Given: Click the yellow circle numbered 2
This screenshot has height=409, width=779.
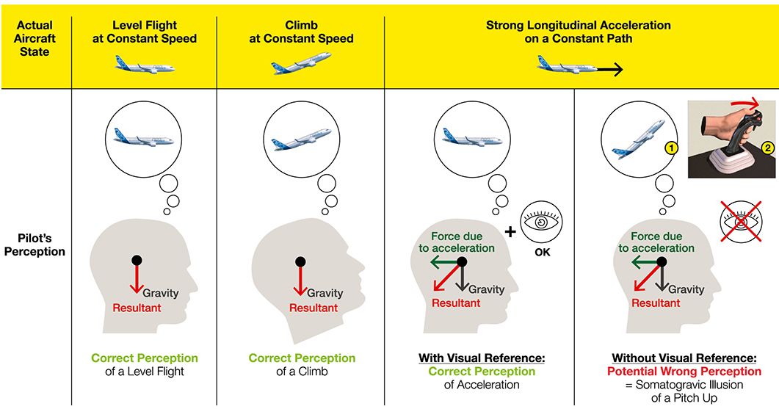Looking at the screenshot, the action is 768,148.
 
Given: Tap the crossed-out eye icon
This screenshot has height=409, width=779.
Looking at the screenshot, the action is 741,221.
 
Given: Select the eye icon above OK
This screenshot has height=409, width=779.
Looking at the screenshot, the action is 541,221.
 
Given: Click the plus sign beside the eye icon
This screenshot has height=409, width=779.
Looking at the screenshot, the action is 510,231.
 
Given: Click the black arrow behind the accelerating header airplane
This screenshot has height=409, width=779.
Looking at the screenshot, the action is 609,70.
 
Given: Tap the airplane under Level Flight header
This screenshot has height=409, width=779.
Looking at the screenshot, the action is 145,65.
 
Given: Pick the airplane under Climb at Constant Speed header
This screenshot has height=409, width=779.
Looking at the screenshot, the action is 301,63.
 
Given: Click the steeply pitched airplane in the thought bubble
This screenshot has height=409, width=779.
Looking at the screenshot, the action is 639,140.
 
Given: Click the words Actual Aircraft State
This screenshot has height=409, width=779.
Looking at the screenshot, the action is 35,38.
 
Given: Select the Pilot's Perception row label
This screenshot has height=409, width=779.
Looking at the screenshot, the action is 35,245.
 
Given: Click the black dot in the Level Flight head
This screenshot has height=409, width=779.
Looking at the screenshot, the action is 137,260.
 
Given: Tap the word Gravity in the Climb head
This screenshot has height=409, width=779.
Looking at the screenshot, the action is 325,293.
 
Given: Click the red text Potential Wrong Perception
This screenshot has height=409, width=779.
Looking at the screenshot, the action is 684,372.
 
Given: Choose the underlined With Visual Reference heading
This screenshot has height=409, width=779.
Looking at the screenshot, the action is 482,358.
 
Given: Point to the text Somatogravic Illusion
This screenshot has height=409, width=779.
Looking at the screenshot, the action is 689,385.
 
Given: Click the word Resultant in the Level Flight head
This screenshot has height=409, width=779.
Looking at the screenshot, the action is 137,308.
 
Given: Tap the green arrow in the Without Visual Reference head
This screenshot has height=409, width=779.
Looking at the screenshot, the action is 646,262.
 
